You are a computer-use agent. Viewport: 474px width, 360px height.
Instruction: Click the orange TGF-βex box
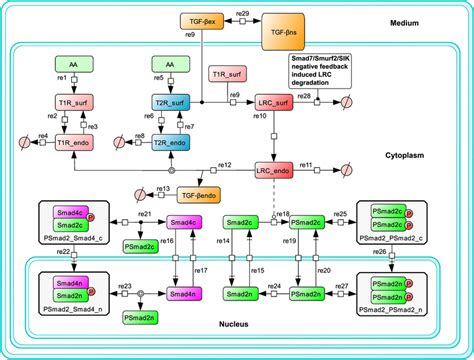point(197,20)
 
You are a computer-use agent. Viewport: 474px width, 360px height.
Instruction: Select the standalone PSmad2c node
point(139,245)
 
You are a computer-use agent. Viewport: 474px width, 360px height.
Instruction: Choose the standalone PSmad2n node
point(139,317)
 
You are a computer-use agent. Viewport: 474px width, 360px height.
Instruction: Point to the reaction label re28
point(304,95)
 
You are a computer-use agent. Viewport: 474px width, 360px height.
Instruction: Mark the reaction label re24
point(272,287)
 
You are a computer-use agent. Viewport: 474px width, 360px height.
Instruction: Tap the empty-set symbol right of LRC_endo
point(340,171)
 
